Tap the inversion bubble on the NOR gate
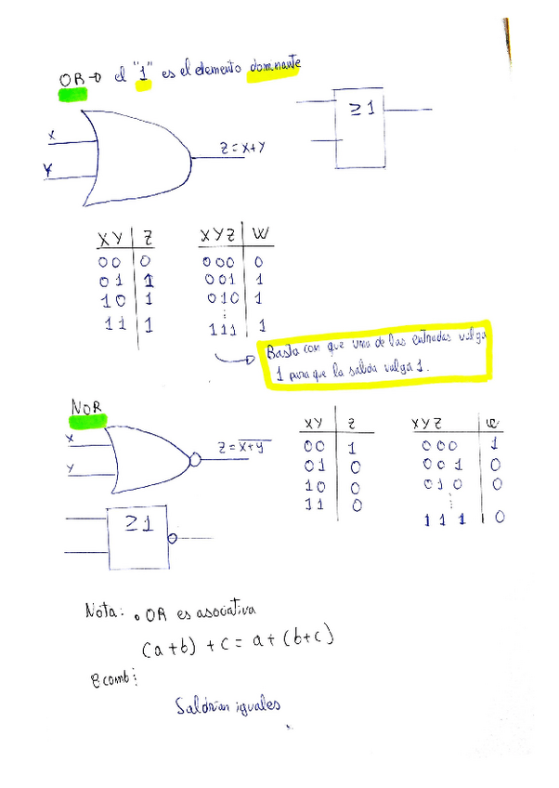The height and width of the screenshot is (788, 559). pyautogui.click(x=196, y=459)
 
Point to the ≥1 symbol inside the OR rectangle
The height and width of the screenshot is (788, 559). pyautogui.click(x=361, y=110)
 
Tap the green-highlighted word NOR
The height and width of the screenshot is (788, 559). pyautogui.click(x=86, y=407)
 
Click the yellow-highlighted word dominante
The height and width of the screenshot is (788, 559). pyautogui.click(x=274, y=68)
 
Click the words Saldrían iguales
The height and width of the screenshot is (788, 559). pyautogui.click(x=227, y=706)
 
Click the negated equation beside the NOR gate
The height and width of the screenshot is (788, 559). pyautogui.click(x=240, y=448)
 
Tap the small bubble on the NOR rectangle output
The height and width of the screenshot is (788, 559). pyautogui.click(x=172, y=539)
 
